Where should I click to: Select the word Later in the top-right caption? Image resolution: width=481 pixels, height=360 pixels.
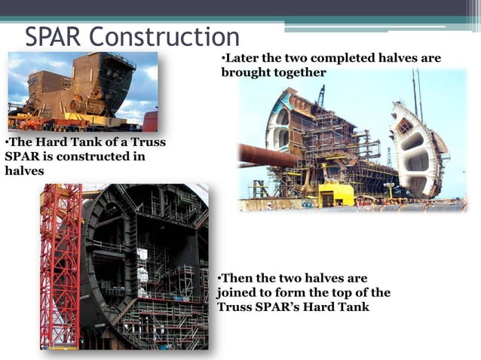tap(244, 59)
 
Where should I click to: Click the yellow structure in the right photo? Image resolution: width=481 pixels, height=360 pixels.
tap(335, 194)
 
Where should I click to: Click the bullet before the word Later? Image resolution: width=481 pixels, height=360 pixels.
tap(223, 59)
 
